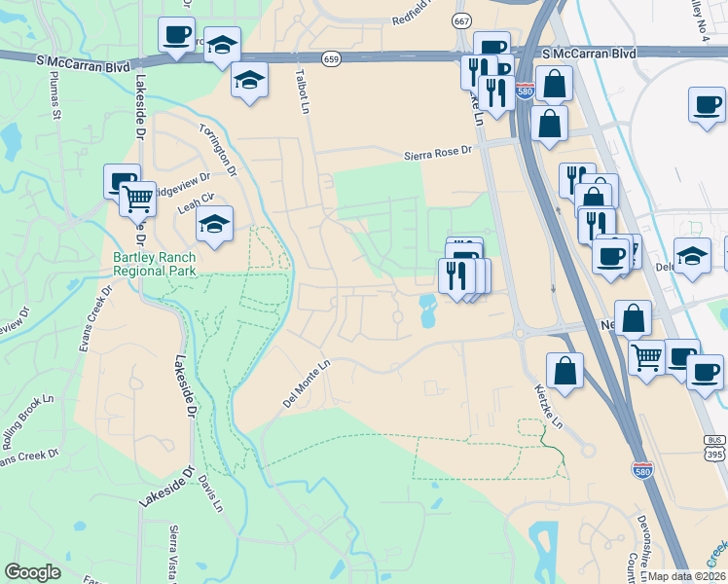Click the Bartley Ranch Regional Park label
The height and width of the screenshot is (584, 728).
coord(155,265)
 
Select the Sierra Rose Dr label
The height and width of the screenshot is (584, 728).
coord(438,153)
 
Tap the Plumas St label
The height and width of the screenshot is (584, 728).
coord(56,100)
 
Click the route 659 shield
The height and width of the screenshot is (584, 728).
coord(333,58)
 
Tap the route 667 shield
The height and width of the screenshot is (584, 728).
coord(462,19)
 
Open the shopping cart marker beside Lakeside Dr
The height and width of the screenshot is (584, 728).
coord(138,199)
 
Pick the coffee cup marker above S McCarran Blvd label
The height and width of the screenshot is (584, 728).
coord(176,35)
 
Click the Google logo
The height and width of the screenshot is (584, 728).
coord(33,571)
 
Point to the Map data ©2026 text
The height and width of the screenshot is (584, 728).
coord(687,576)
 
